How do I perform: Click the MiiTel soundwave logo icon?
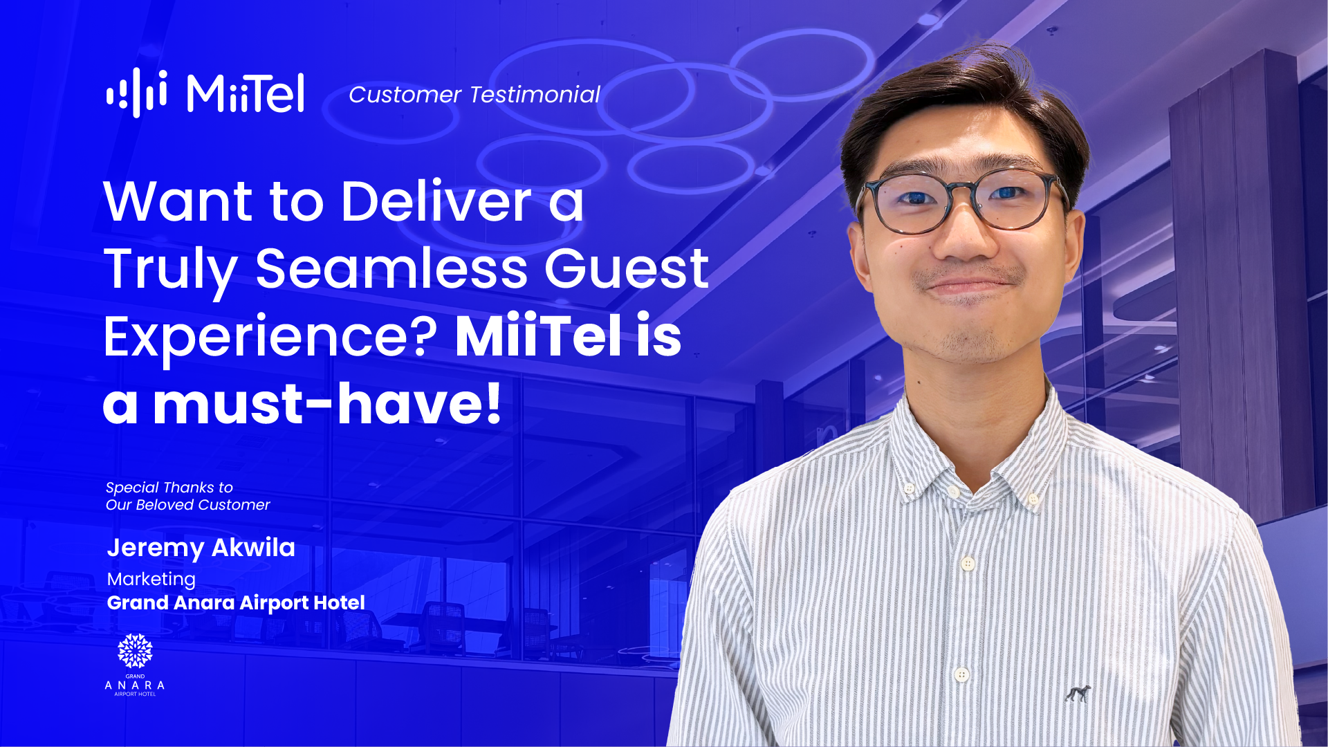136,92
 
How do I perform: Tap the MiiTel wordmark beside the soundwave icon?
246,93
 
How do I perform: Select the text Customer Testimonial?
474,95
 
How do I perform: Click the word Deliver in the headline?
436,201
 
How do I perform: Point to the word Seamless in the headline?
392,268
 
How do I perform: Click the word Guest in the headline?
627,268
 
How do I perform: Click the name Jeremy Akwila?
201,548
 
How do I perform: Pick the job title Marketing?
151,580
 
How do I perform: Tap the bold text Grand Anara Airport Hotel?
236,603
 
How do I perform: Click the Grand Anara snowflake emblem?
135,651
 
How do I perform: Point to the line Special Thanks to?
169,488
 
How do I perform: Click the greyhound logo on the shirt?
1078,693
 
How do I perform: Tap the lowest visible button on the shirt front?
961,674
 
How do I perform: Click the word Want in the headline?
178,202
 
